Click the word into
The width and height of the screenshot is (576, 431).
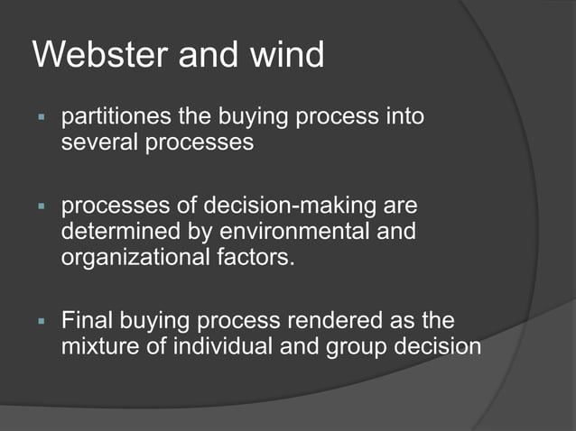pyautogui.click(x=401, y=118)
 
